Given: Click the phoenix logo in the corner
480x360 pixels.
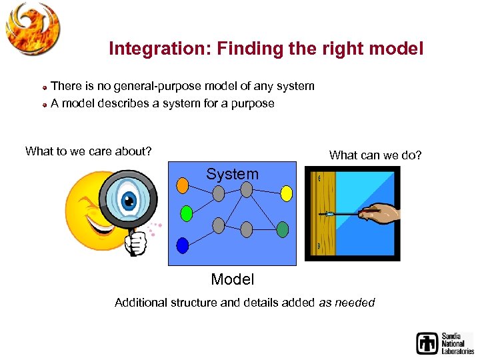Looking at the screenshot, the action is [x=32, y=28].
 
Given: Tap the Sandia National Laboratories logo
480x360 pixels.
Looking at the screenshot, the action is [x=445, y=343].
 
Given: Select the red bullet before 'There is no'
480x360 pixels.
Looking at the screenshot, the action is [x=43, y=87].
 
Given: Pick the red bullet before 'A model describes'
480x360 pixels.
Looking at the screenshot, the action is [x=43, y=105].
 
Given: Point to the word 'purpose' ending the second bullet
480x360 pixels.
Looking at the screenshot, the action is [x=252, y=104].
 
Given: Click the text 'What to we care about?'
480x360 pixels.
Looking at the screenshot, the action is [x=88, y=151].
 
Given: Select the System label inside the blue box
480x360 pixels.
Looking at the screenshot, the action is [x=232, y=174].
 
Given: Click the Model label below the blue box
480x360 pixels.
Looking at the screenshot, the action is [x=232, y=279].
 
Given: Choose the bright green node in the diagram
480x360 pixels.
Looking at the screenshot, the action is [x=187, y=213].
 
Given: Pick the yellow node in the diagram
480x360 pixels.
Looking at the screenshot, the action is [x=286, y=193].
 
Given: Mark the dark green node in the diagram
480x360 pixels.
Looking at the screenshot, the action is [x=282, y=229].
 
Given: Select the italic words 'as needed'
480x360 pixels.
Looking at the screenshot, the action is [x=347, y=303].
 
